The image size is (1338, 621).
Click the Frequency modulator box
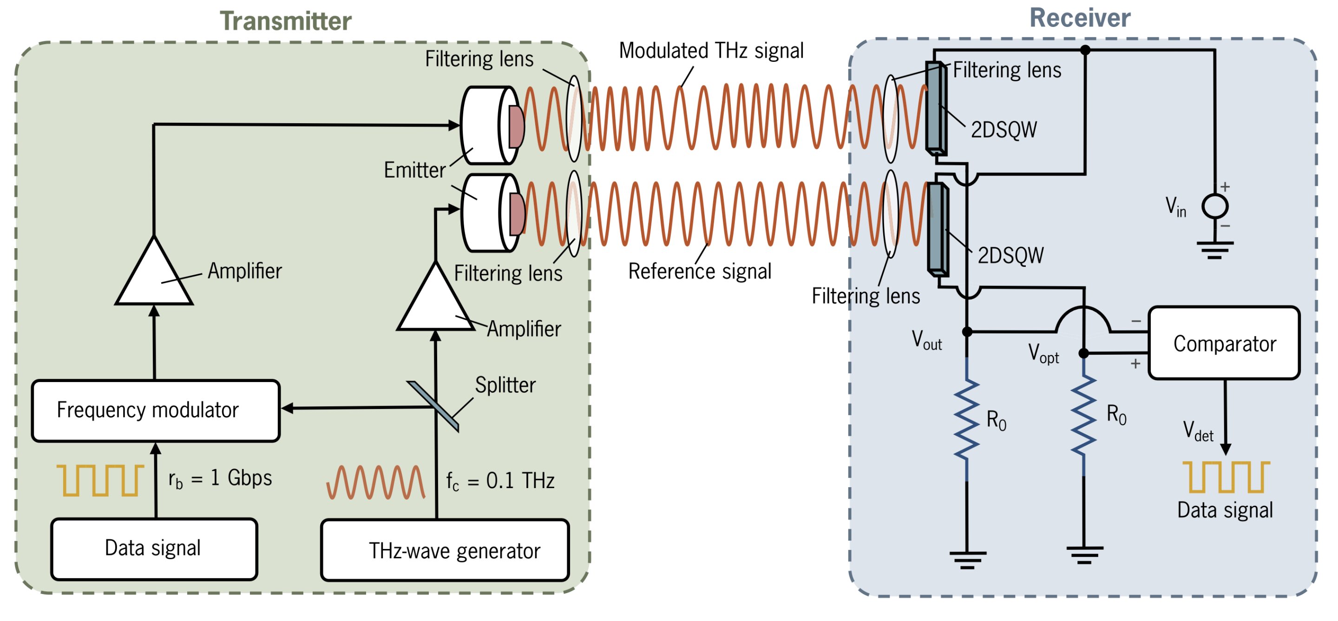(155, 410)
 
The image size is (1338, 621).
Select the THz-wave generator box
(445, 550)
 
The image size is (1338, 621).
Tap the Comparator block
(1224, 344)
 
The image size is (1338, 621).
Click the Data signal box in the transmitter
(154, 548)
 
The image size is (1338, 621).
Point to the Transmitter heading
(285, 21)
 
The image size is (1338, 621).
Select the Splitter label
(505, 385)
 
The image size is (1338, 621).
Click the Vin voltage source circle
(1215, 206)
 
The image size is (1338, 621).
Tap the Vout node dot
(967, 331)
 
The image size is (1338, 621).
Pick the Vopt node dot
(1083, 353)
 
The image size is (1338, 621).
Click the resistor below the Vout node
(967, 419)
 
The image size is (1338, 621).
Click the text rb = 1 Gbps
(220, 479)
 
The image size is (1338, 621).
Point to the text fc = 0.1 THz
(500, 481)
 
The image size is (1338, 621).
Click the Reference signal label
(699, 271)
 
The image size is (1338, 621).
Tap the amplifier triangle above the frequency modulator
(154, 276)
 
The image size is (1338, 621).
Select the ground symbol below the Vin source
(1215, 250)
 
